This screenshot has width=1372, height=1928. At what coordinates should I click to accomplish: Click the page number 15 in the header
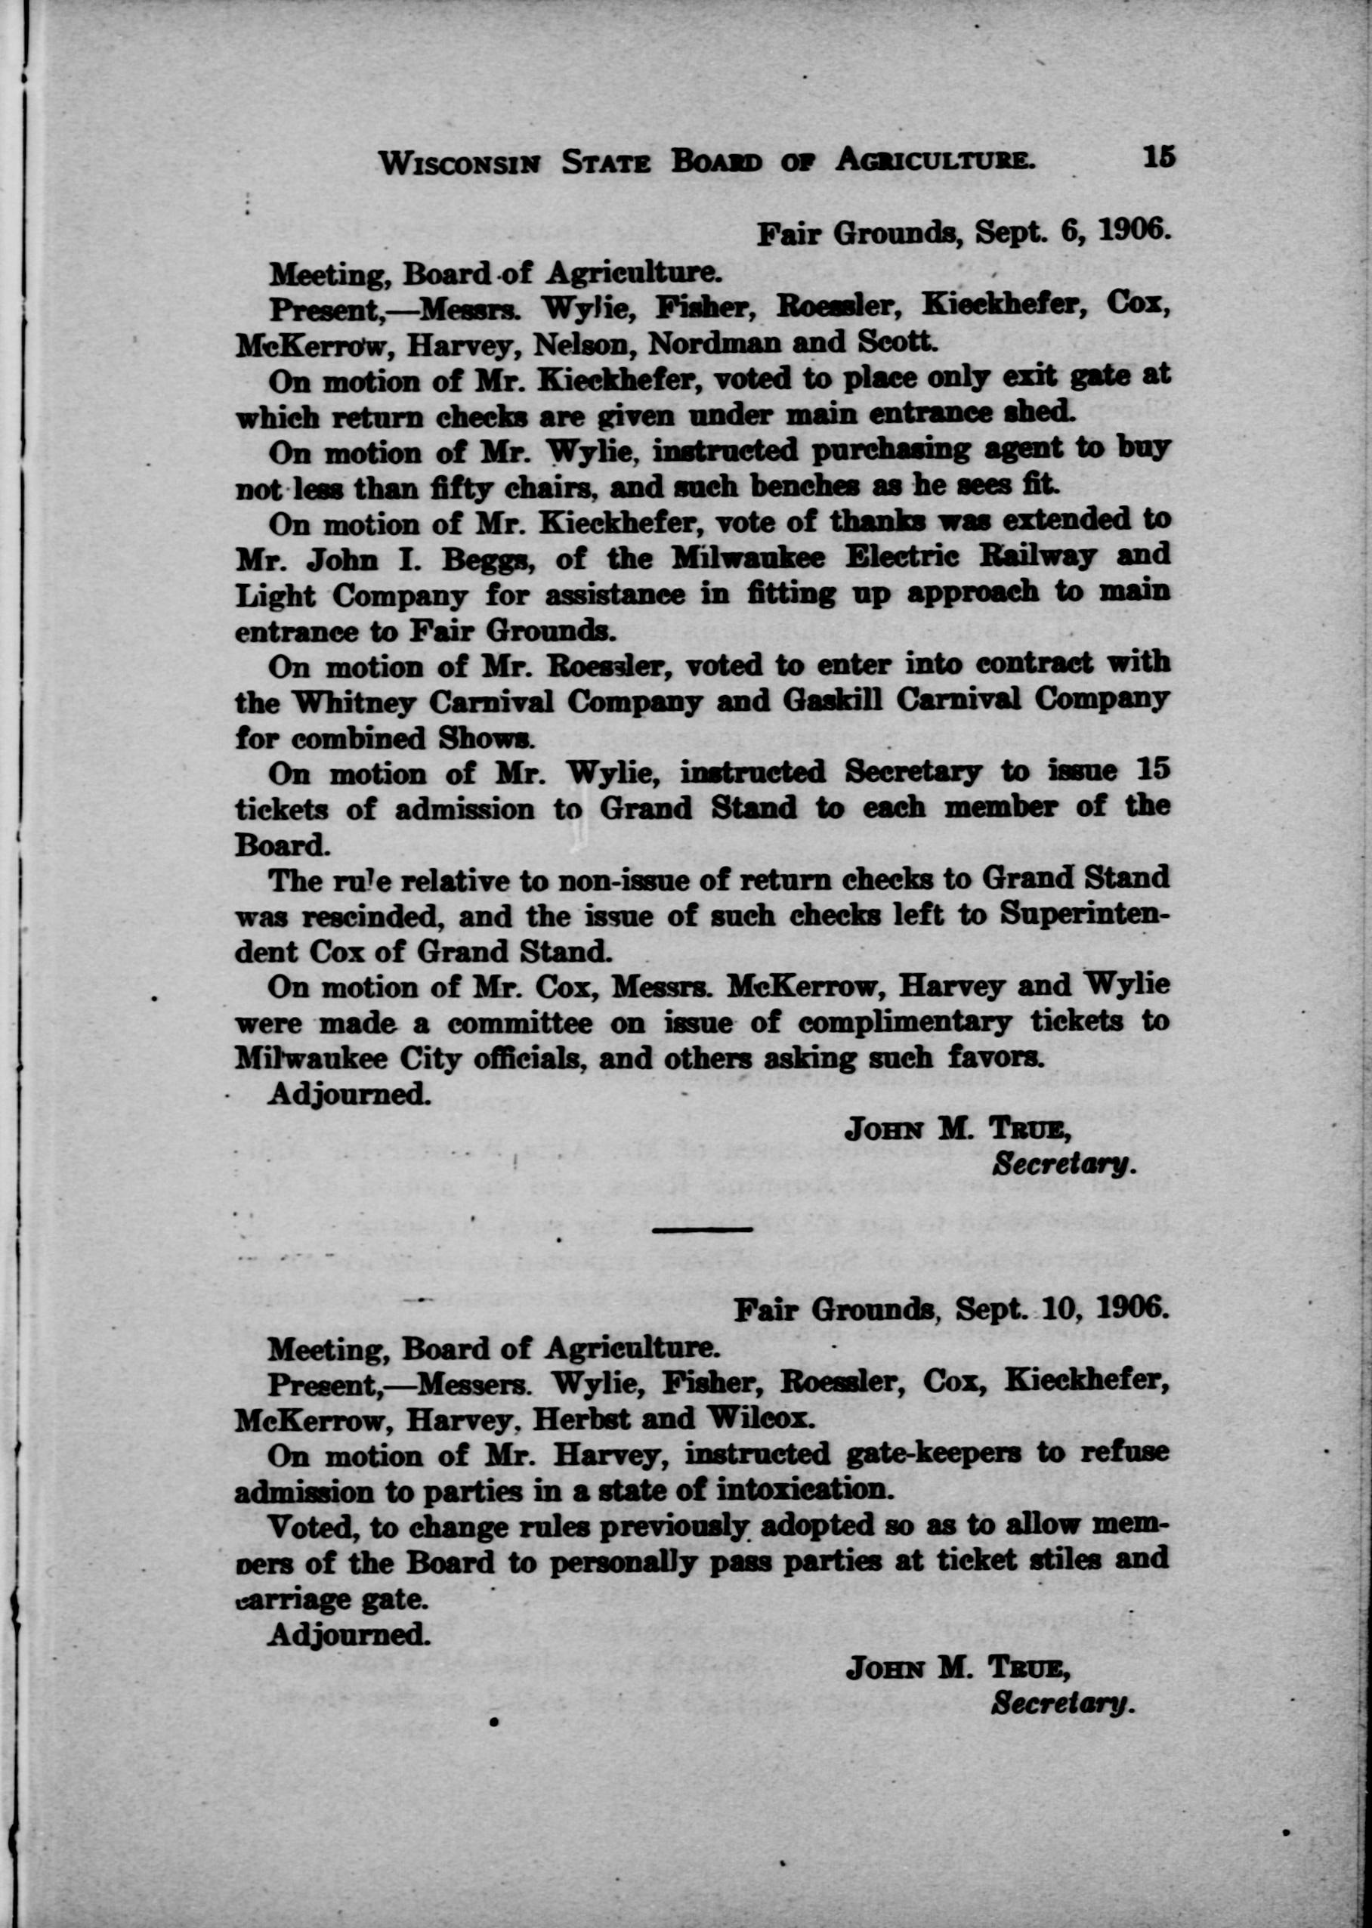[1158, 157]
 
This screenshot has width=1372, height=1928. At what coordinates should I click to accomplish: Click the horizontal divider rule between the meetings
[702, 1228]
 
